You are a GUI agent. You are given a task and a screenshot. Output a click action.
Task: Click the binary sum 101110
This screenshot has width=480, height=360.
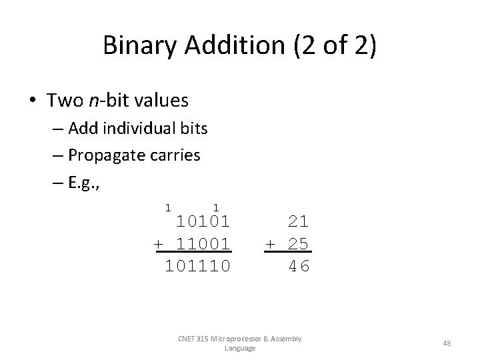[x=197, y=266]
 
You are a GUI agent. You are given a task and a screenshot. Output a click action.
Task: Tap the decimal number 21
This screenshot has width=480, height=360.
[x=299, y=221]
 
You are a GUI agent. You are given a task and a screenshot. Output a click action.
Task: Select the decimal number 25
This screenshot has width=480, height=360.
[x=299, y=243]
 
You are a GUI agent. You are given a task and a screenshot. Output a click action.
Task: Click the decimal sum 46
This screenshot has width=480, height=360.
[x=299, y=266]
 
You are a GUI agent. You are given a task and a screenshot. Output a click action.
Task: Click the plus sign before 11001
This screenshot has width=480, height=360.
[x=159, y=243]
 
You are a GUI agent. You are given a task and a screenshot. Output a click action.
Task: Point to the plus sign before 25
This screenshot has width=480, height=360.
[x=270, y=243]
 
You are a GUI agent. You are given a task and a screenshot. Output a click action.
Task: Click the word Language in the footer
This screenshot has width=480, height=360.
[x=240, y=348]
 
